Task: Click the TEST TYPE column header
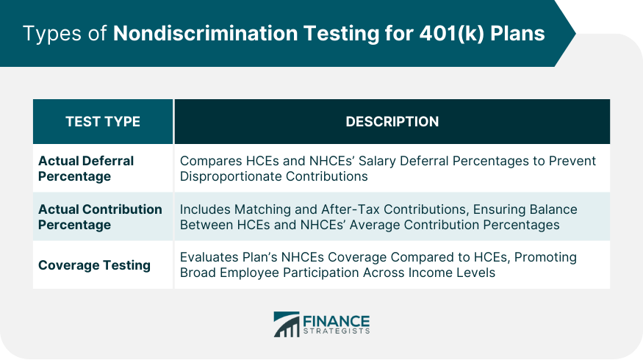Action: [102, 121]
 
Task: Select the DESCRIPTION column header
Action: [392, 121]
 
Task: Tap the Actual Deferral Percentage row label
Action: [85, 168]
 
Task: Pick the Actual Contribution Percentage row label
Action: [100, 217]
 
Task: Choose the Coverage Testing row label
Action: [94, 264]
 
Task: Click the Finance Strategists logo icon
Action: [287, 324]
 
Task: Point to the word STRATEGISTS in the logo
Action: [337, 331]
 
